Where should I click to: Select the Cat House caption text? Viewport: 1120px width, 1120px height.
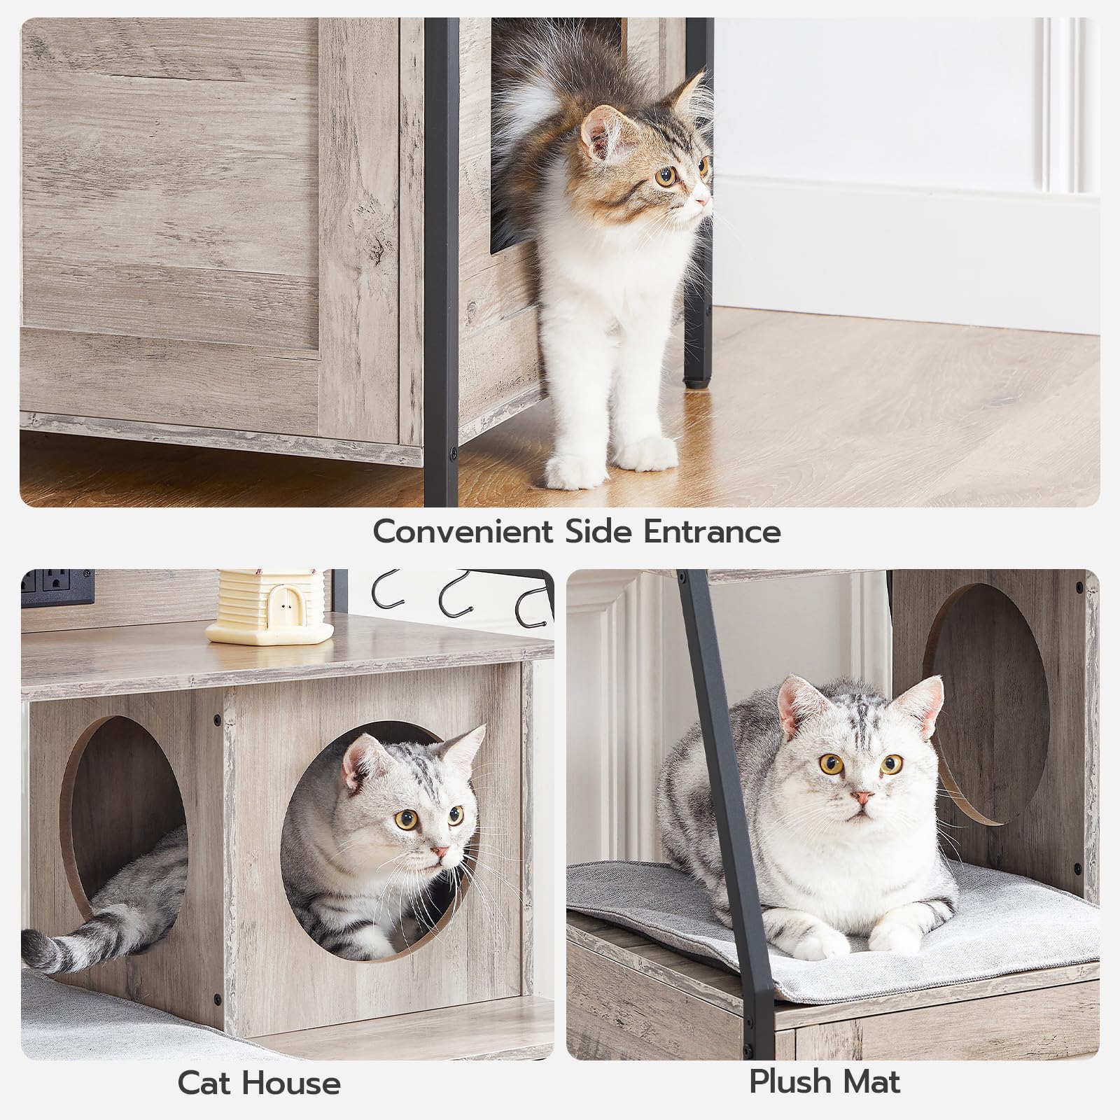259,1084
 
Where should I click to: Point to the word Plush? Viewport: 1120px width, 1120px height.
788,1082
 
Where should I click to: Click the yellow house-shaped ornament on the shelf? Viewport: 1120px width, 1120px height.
269,607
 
